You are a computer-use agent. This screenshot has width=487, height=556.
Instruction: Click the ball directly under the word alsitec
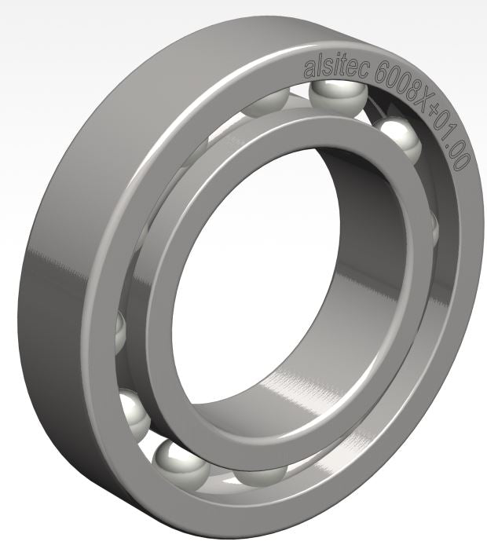(x=334, y=96)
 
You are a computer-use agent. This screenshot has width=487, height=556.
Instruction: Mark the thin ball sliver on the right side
(x=434, y=228)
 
